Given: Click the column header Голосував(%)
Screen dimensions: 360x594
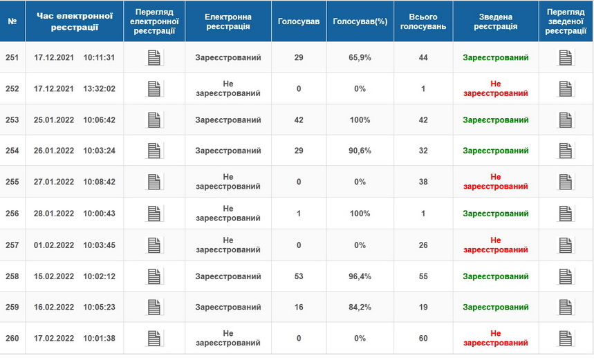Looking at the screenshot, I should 360,21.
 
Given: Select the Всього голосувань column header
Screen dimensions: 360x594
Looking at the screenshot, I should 423,21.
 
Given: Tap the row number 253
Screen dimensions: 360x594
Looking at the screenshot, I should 12,120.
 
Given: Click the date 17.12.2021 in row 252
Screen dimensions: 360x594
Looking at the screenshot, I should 53,89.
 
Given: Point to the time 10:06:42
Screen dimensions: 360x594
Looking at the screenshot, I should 99,120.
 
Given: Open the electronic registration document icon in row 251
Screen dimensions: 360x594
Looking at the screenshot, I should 154,58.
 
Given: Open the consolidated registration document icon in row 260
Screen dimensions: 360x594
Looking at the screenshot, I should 566,339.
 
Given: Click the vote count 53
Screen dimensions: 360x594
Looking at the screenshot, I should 299,276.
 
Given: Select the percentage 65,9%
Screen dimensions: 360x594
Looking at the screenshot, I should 360,58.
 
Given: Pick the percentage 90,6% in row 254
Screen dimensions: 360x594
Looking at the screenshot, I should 360,151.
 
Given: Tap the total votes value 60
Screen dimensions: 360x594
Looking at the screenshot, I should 423,339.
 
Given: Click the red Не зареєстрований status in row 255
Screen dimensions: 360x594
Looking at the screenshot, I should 495,182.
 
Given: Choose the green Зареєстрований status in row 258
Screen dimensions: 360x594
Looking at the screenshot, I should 495,276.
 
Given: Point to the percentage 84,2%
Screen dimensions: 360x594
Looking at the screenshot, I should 360,307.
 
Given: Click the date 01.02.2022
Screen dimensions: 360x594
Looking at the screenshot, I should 53,245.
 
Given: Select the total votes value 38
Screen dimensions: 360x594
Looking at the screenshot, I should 423,182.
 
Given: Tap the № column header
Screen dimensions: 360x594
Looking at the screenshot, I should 12,21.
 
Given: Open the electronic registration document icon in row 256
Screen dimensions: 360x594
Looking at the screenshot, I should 154,214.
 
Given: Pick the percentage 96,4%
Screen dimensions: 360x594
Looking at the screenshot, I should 360,276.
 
